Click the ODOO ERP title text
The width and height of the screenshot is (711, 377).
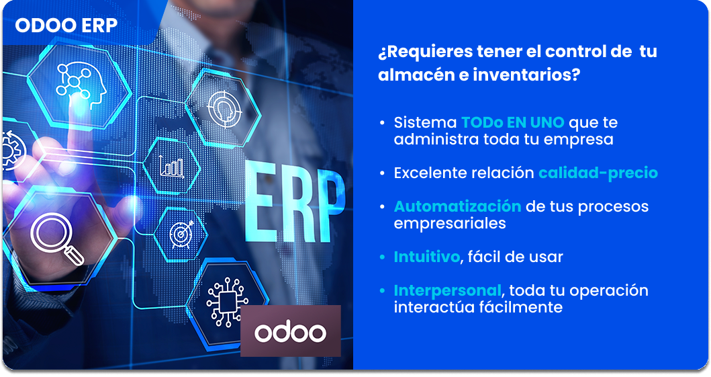[x=66, y=26]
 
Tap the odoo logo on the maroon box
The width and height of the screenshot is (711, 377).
[x=290, y=333]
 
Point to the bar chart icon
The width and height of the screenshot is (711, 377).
[x=171, y=166]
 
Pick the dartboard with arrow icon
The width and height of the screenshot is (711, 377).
[x=181, y=234]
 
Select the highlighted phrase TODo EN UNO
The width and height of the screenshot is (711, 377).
[x=512, y=122]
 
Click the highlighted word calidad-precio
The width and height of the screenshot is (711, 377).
[x=598, y=173]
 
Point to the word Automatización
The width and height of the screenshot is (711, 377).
[x=457, y=206]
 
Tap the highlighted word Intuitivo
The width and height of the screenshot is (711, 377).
[x=427, y=257]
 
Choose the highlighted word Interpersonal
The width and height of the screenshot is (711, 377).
[x=447, y=290]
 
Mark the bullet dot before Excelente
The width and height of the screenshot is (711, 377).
[x=382, y=173]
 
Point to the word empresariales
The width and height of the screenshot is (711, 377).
[x=449, y=224]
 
